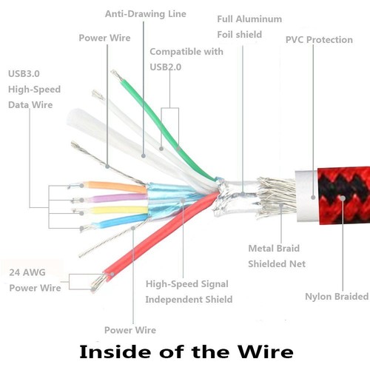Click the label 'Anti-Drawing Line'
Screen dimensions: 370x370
click(x=146, y=14)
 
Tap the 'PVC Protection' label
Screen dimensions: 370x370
click(x=319, y=39)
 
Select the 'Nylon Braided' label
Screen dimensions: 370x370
click(x=337, y=296)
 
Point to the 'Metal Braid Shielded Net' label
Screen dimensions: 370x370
click(x=277, y=256)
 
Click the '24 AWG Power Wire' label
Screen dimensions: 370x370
click(x=35, y=280)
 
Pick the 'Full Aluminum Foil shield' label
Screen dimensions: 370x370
click(x=249, y=27)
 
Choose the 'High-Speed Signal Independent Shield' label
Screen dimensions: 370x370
click(x=189, y=292)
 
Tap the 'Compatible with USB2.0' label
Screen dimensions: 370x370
click(x=186, y=59)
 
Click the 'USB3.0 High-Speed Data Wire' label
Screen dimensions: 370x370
click(x=34, y=90)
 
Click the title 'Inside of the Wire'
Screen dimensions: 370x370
click(x=186, y=351)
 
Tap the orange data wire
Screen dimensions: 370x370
click(x=115, y=186)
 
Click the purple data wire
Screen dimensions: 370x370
click(x=115, y=198)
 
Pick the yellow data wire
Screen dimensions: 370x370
click(x=118, y=210)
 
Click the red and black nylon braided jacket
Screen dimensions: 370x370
click(x=344, y=195)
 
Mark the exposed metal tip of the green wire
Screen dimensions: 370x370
click(x=116, y=75)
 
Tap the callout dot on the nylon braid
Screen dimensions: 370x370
click(x=343, y=198)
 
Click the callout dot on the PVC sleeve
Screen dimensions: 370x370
click(x=313, y=198)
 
